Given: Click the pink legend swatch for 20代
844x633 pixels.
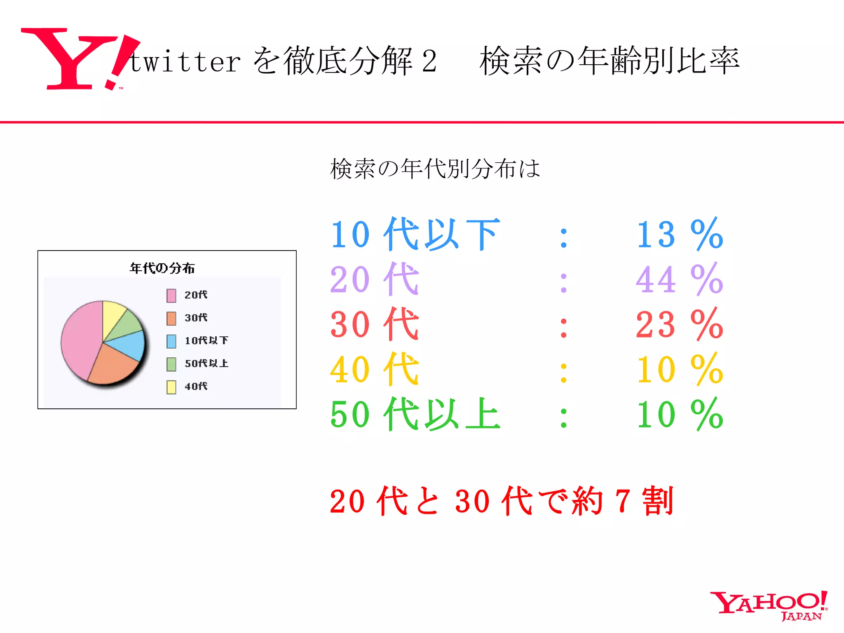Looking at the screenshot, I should tap(171, 295).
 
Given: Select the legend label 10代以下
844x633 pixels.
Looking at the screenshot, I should tap(206, 340).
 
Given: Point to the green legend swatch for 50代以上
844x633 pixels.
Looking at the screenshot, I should tap(171, 364).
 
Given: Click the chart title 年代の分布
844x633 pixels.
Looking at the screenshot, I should tap(162, 268).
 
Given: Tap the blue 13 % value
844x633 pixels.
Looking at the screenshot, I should tap(679, 234).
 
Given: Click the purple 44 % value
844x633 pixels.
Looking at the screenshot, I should tap(679, 279).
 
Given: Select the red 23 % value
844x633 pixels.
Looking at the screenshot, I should tap(679, 324).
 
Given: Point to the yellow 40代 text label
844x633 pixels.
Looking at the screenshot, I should tap(374, 369).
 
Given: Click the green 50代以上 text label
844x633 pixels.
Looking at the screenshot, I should tap(415, 414).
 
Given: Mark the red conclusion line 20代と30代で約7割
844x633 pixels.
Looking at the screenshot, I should tap(501, 501).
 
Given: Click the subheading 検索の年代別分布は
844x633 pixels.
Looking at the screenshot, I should tap(435, 169).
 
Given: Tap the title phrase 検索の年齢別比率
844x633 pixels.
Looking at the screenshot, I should tap(609, 61).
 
